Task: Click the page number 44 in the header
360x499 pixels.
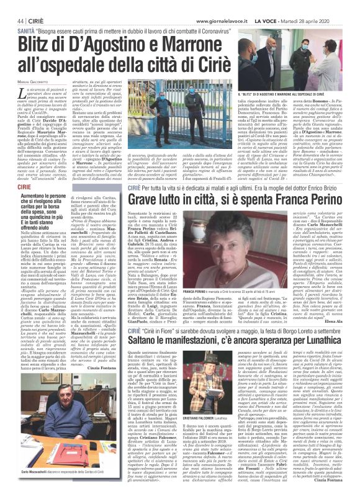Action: coord(11,5)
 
